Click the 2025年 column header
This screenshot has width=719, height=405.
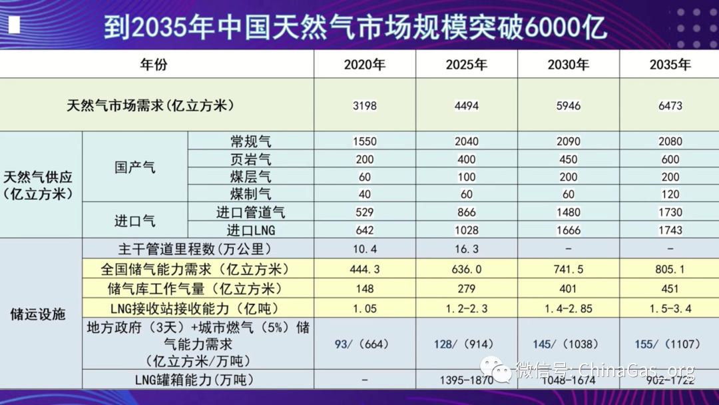[x=467, y=65]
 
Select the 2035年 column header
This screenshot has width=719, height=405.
[x=670, y=65]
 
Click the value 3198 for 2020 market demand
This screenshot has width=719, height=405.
[x=365, y=105]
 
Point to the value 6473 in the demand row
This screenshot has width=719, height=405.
[x=670, y=105]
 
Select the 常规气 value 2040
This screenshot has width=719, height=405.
[x=467, y=141]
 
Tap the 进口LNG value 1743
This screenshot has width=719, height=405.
[x=670, y=230]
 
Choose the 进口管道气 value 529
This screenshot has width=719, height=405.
[x=365, y=212]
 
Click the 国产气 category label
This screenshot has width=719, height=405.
[x=134, y=167]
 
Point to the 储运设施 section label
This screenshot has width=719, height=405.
[x=39, y=314]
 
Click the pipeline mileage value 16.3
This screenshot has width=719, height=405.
[x=467, y=248]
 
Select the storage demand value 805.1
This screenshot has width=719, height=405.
[x=670, y=269]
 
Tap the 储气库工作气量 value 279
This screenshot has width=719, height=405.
[x=467, y=289]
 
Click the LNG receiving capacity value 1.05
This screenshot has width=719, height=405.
[x=365, y=308]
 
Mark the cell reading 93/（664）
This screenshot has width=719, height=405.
[x=365, y=344]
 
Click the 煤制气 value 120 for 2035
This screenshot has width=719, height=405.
[x=670, y=195]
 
